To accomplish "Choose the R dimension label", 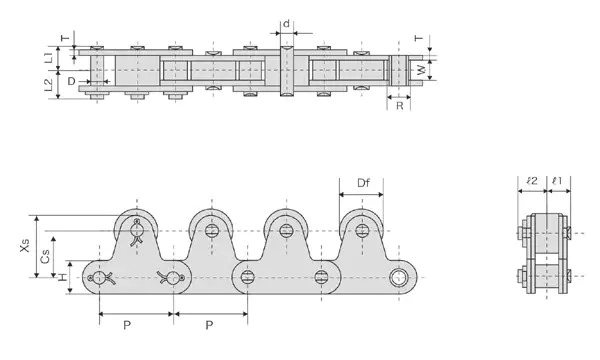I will coord(399,104).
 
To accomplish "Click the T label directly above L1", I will coord(66,38).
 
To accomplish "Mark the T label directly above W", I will coord(418,39).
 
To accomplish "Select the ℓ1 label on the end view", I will coord(557,181).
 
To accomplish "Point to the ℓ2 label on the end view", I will coord(532,181).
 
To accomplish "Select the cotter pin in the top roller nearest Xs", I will coord(137,234).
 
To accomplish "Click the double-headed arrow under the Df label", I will coord(362,197).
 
